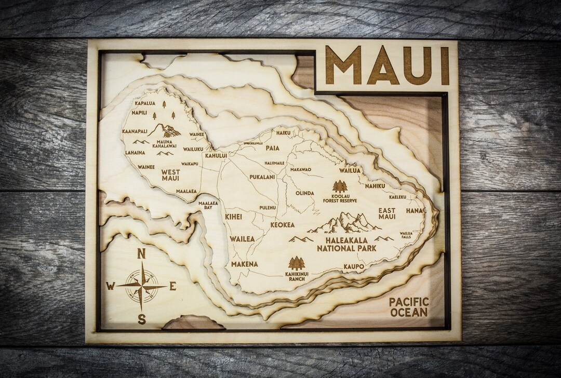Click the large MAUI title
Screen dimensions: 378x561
coord(388,66)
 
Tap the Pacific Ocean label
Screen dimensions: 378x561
coord(409,307)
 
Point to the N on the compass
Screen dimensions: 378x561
coord(141,254)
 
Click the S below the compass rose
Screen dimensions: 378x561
coord(141,319)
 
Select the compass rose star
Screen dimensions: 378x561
coord(141,286)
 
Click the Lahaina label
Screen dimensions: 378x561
coord(135,153)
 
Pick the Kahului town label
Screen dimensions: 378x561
coord(216,155)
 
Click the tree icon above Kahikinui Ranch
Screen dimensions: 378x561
coord(297,263)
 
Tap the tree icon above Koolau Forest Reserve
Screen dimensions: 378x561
coord(340,186)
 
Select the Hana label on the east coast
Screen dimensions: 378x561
coord(415,210)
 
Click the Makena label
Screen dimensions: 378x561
coord(244,264)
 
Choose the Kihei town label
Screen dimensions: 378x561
coord(233,217)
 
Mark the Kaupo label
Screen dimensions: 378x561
coord(354,267)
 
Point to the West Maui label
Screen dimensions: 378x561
coord(170,175)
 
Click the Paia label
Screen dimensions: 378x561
coord(272,148)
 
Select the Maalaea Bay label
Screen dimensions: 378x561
coord(208,205)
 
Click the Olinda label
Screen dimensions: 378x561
coord(305,193)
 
